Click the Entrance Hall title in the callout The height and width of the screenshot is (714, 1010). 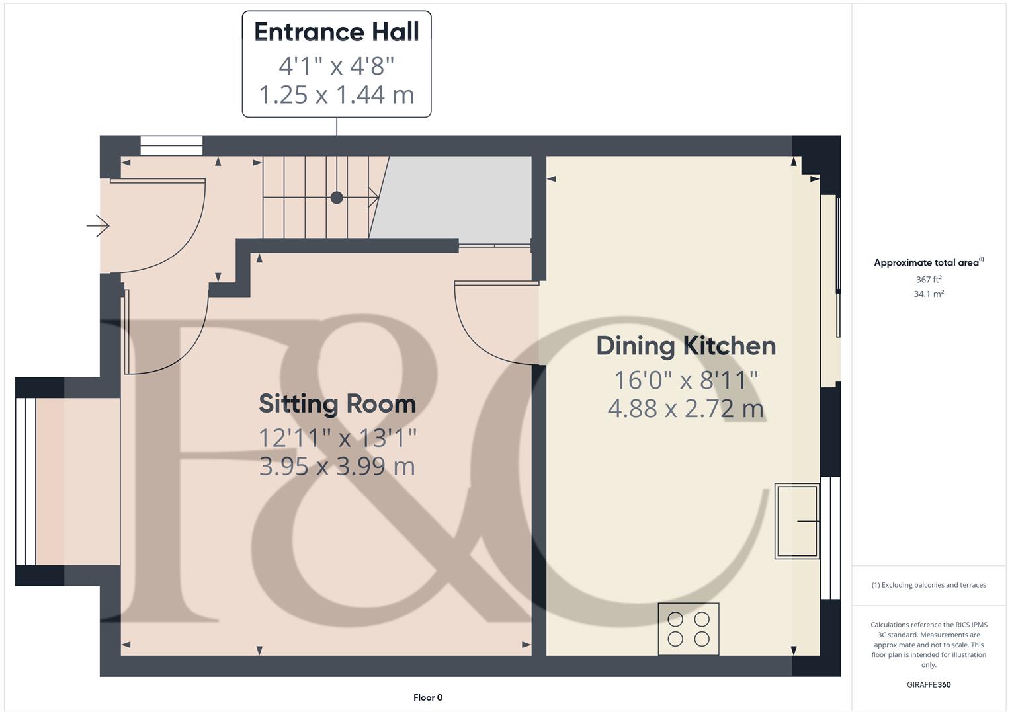[x=336, y=32]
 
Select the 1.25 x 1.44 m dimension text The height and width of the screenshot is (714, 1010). [x=336, y=95]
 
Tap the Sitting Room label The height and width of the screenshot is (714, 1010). [x=337, y=403]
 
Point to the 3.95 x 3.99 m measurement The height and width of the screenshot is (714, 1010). [x=337, y=467]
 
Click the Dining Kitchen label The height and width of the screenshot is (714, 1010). [x=686, y=346]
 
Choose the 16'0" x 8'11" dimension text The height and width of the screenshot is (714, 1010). [x=686, y=380]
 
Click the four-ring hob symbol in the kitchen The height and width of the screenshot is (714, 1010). [x=689, y=629]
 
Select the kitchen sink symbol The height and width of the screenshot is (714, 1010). [x=797, y=521]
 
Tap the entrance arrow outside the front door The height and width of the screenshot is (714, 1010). [x=98, y=226]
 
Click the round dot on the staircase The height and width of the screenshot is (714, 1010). [x=337, y=197]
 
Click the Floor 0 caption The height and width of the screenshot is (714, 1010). [x=428, y=697]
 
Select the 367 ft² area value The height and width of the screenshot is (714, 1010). [x=929, y=280]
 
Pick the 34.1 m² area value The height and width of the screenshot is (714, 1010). [x=929, y=294]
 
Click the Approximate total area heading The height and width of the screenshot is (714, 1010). [x=928, y=262]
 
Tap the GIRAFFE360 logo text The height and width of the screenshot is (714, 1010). [x=929, y=684]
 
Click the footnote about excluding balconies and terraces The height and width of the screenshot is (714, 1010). [x=929, y=585]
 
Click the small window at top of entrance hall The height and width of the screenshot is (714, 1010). [x=171, y=145]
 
